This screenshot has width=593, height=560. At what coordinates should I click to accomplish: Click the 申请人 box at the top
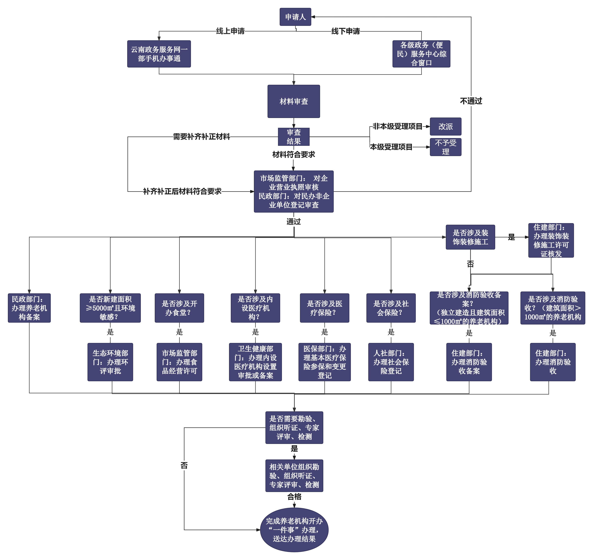tap(295, 17)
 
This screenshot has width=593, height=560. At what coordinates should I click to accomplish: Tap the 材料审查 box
tap(294, 101)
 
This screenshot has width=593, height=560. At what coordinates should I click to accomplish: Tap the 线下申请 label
tap(346, 31)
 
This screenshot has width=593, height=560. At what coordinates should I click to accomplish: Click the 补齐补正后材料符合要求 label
tap(182, 191)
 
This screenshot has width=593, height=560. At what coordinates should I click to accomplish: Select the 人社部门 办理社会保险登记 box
tap(391, 362)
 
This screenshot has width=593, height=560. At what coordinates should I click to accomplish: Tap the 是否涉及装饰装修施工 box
tap(470, 237)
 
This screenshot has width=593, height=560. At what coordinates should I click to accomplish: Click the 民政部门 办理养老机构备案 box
tap(29, 308)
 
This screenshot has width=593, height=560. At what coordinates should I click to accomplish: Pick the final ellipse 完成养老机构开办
tap(294, 530)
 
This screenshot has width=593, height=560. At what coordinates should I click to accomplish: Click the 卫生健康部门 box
tap(256, 362)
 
